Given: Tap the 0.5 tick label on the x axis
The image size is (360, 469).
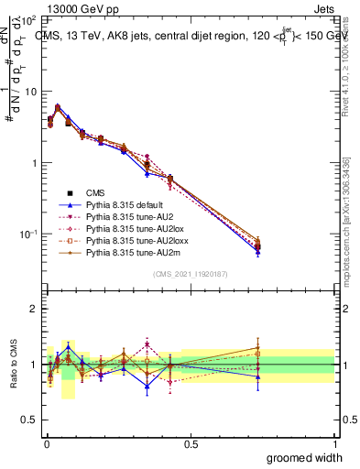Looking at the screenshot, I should click(191, 442).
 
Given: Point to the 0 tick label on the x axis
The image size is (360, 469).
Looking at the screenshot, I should click(47, 442).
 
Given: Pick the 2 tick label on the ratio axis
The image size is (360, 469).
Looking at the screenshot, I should click(35, 309).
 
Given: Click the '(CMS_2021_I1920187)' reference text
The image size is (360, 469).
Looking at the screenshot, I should click(191, 274).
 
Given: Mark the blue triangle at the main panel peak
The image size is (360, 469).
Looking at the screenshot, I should click(58, 106).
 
